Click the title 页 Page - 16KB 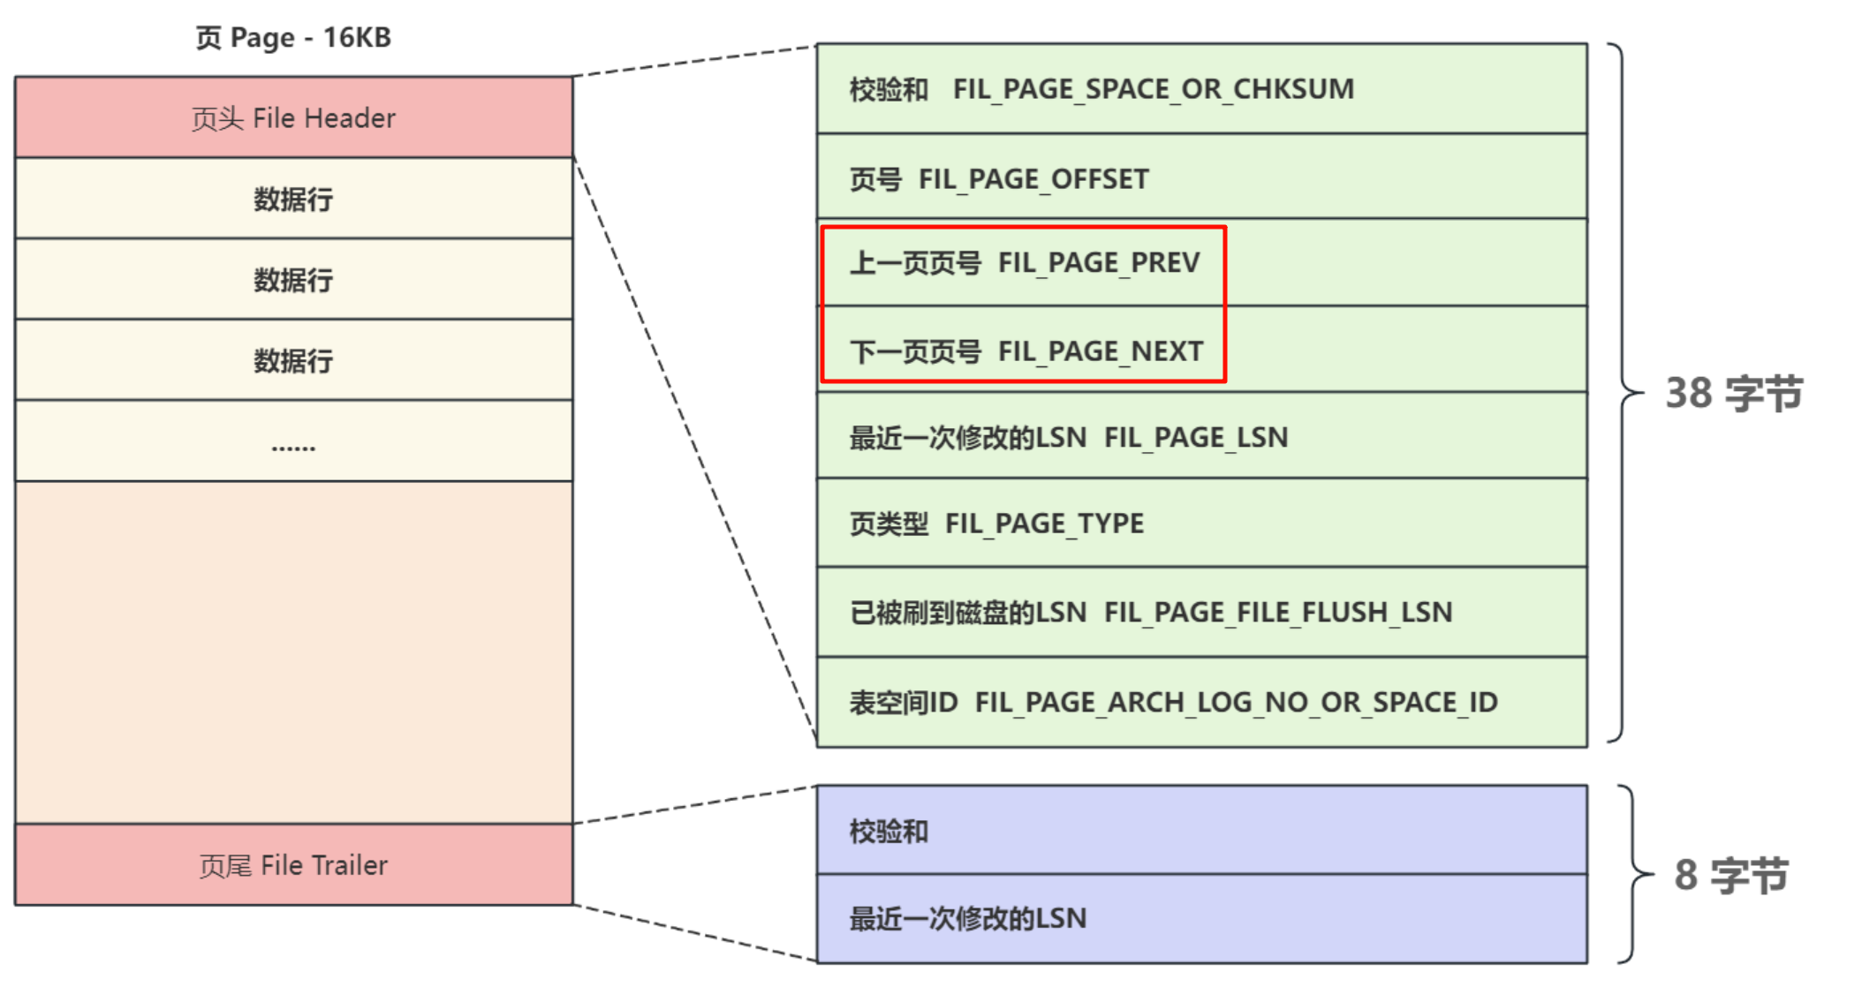tap(293, 38)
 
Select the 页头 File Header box tap(293, 117)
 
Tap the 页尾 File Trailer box tap(293, 865)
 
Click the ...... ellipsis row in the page tap(293, 441)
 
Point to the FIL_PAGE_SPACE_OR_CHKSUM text tap(1153, 89)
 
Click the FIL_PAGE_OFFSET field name tap(1033, 179)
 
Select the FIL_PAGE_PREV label tap(1099, 263)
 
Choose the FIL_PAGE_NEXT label tap(1101, 351)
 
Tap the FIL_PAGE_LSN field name tap(1196, 437)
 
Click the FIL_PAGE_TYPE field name tap(1044, 524)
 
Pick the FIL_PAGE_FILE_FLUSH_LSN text tap(1277, 612)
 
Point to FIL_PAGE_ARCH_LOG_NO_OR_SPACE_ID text tap(1236, 702)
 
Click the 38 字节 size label tap(1733, 393)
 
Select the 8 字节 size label tap(1731, 875)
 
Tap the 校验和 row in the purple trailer tap(889, 831)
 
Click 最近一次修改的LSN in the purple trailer tap(968, 918)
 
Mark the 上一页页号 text tap(915, 263)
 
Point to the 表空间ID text tap(904, 702)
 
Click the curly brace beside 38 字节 tap(1625, 393)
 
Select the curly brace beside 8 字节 tap(1634, 874)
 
